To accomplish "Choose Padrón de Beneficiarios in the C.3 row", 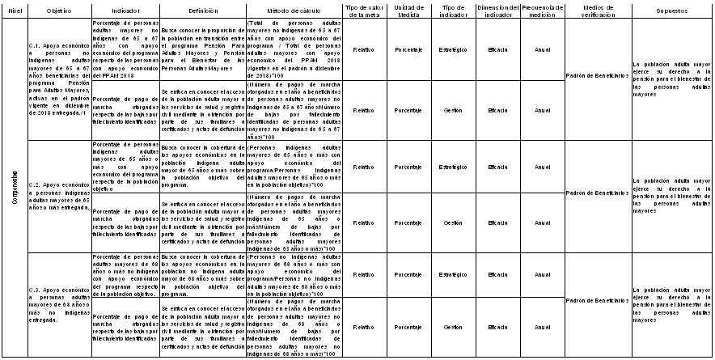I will [597, 301].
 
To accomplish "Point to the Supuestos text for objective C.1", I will [672, 76].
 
